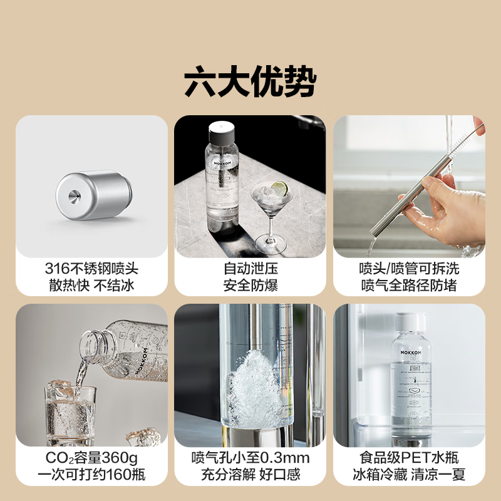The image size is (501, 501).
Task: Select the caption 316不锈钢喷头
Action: click(91, 269)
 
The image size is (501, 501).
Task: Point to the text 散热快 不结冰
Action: click(91, 286)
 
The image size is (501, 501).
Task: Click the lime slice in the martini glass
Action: click(279, 187)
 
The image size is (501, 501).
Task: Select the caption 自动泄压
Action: click(250, 269)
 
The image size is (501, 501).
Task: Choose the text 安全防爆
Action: click(250, 286)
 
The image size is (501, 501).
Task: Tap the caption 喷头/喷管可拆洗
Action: click(409, 269)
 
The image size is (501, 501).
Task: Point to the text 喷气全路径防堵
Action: click(409, 286)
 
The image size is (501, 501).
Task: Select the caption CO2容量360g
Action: click(91, 458)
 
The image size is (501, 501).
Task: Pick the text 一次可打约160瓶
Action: click(91, 475)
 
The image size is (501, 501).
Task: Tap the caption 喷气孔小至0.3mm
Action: click(250, 458)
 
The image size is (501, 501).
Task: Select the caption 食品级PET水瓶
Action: click(409, 458)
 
